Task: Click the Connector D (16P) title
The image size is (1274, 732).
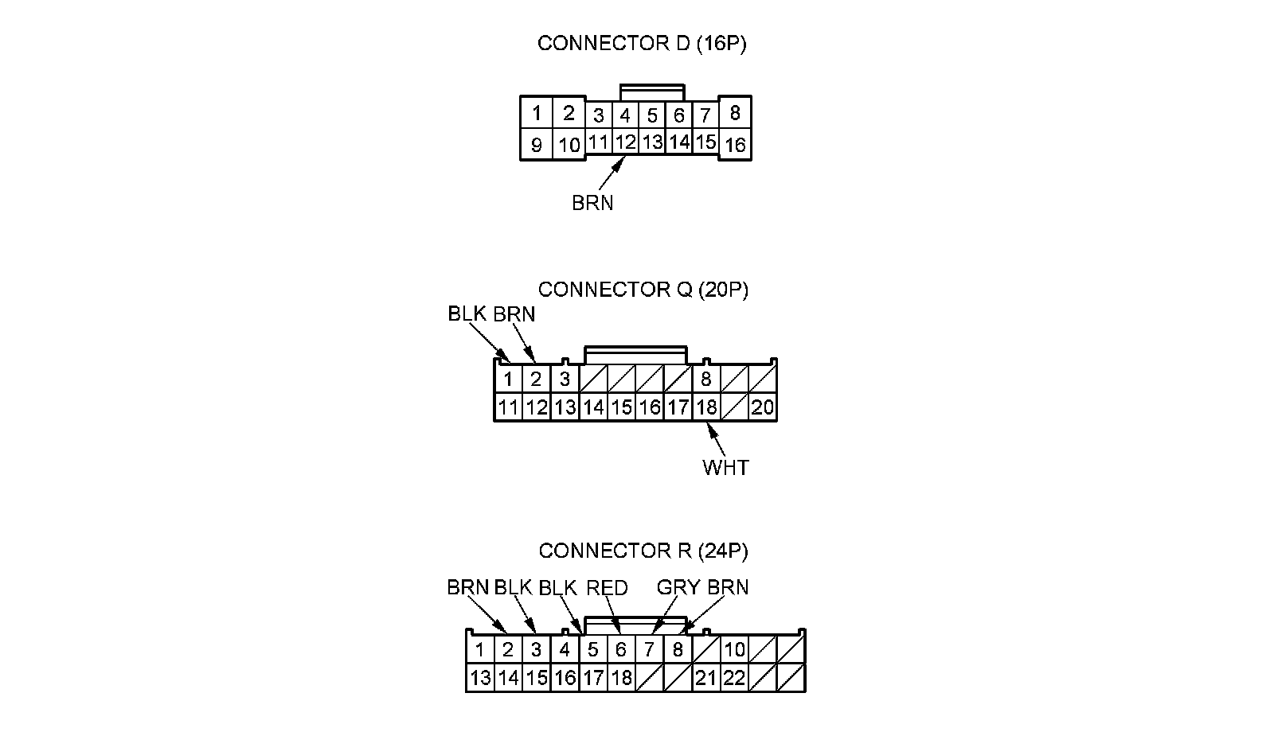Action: pyautogui.click(x=642, y=44)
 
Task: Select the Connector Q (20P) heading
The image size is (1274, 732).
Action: pyautogui.click(x=643, y=290)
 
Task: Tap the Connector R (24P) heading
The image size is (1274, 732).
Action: pyautogui.click(x=643, y=551)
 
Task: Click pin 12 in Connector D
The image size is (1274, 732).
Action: pyautogui.click(x=626, y=142)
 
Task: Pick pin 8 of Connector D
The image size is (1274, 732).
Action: pyautogui.click(x=734, y=113)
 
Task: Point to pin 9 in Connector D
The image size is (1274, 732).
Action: pyautogui.click(x=537, y=145)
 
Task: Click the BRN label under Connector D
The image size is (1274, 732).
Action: pyautogui.click(x=592, y=203)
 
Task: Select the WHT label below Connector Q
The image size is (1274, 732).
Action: pyautogui.click(x=725, y=467)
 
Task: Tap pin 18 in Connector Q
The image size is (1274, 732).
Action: pyautogui.click(x=706, y=407)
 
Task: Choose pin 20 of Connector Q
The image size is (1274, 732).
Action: pyautogui.click(x=762, y=407)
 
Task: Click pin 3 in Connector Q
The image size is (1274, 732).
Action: pyautogui.click(x=565, y=379)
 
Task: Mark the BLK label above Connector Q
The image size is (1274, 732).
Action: pyautogui.click(x=467, y=314)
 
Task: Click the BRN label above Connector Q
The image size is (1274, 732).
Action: pyautogui.click(x=514, y=314)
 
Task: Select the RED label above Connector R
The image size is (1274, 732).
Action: pyautogui.click(x=607, y=588)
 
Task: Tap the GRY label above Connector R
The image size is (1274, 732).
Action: pyautogui.click(x=678, y=588)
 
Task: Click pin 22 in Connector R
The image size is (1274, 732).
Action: pyautogui.click(x=734, y=678)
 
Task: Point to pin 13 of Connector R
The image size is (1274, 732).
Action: pyautogui.click(x=480, y=678)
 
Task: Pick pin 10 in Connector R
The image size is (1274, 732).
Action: pyautogui.click(x=734, y=649)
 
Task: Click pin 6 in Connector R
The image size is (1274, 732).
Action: pyautogui.click(x=621, y=649)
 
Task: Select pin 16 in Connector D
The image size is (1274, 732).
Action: pyautogui.click(x=735, y=145)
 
